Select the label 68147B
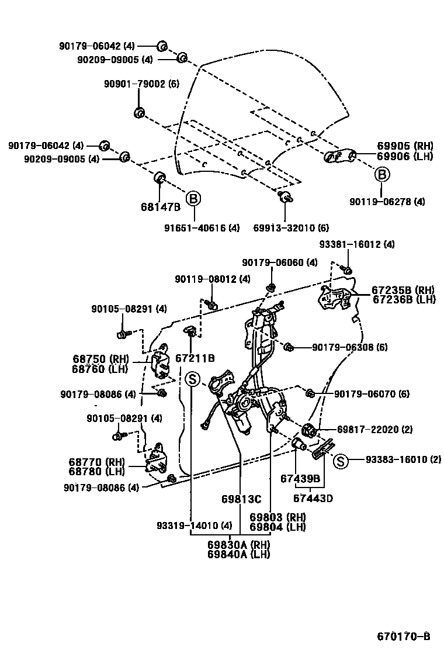pos(161,207)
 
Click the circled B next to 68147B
pos(193,199)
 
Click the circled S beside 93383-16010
pos(341,461)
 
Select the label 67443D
pos(313,499)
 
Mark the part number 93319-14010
pos(194,524)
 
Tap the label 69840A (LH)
pos(238,554)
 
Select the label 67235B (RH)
pos(403,290)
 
